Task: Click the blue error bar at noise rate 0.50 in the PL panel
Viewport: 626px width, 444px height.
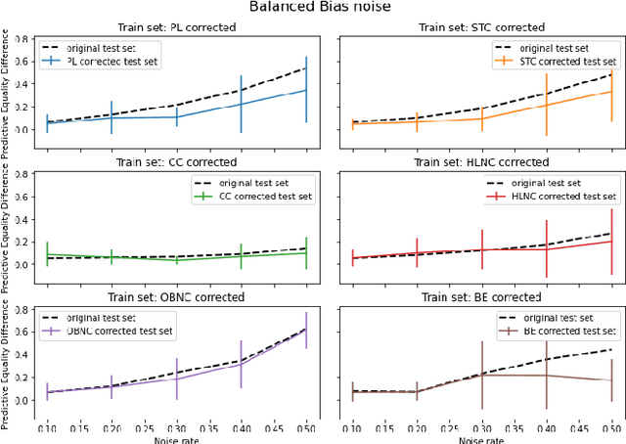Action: click(306, 90)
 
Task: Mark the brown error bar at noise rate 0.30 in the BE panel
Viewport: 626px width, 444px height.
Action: click(481, 375)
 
